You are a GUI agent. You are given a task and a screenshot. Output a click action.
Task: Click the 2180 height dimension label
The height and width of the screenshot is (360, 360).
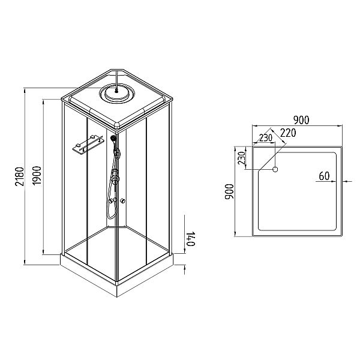coord(20,176)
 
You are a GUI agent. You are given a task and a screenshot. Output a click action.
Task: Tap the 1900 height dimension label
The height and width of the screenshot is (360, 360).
coord(37,176)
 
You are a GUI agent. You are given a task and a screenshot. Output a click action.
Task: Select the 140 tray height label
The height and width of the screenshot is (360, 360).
coord(191,239)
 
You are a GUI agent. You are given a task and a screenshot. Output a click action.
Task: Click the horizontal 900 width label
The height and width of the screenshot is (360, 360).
coord(301,120)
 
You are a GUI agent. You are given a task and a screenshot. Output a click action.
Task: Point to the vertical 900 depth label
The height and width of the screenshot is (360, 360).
coord(229,192)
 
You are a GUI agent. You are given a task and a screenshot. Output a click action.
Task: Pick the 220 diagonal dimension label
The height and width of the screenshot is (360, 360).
coord(288,133)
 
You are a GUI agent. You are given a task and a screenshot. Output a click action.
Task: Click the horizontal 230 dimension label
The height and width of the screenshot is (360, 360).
coord(266,138)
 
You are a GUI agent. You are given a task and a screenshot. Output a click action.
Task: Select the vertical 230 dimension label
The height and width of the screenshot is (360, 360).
coord(242,158)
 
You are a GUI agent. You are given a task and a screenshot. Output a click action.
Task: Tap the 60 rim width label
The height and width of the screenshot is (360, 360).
coord(324,176)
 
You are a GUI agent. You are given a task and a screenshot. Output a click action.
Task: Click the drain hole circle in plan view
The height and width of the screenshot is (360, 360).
coord(275,169)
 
